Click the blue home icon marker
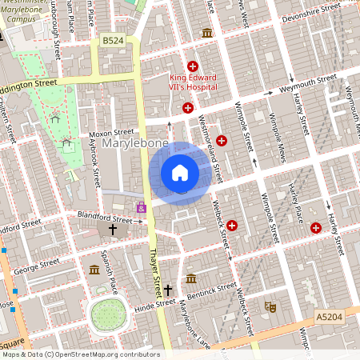(x=180, y=173)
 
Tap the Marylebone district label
(x=123, y=144)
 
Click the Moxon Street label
(x=111, y=132)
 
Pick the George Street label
(x=37, y=262)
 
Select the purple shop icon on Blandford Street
(x=142, y=207)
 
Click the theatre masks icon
(x=270, y=306)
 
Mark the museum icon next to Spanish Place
(x=94, y=268)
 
